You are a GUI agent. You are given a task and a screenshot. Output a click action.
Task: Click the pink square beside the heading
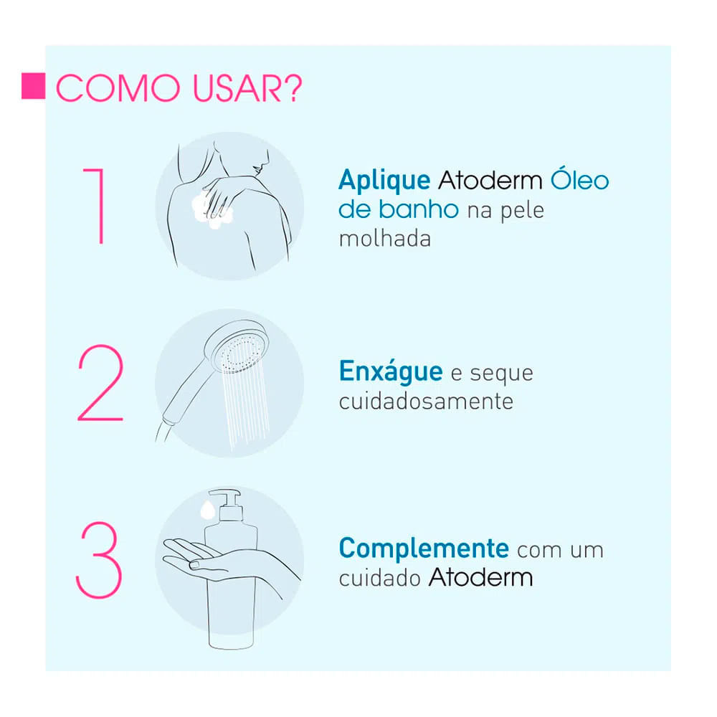(34, 86)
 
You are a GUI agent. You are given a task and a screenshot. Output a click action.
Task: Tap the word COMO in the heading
(118, 88)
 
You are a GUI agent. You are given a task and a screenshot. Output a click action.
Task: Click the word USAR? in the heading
(247, 88)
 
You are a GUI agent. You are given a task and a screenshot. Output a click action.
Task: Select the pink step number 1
(95, 206)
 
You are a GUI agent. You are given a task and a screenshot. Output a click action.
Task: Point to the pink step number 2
(100, 383)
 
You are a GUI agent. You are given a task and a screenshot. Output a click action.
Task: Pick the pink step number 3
(99, 560)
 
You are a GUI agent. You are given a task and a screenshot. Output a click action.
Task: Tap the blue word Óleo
(579, 179)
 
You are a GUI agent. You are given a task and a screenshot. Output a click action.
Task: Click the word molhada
(385, 239)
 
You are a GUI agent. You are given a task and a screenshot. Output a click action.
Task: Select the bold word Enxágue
(391, 371)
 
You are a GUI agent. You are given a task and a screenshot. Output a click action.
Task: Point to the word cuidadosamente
(426, 402)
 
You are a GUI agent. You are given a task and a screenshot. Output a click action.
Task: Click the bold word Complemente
(424, 548)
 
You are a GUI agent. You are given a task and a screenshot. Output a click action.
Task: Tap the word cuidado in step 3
(380, 577)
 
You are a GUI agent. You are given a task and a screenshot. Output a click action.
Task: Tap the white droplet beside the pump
(208, 510)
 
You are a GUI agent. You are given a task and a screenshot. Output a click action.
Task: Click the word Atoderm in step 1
(490, 181)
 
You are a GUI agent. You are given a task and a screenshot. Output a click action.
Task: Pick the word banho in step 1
(419, 209)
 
